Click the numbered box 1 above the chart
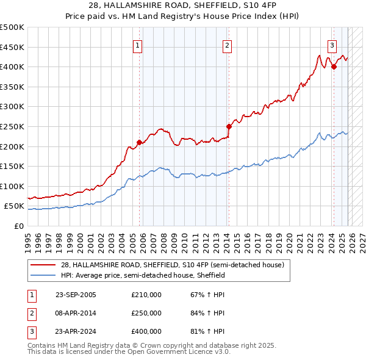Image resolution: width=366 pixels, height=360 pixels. (137, 46)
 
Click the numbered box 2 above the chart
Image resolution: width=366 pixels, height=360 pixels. (227, 46)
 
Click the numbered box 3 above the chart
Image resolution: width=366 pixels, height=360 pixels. (332, 46)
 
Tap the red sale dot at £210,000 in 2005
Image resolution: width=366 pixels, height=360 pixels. (139, 142)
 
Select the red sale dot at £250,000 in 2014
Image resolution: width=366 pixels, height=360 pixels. (229, 127)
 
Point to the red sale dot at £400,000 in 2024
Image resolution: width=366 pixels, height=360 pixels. (334, 67)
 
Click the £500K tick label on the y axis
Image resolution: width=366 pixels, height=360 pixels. (12, 27)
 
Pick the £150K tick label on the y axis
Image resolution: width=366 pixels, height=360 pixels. (12, 166)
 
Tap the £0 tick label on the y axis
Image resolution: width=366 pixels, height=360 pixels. (18, 226)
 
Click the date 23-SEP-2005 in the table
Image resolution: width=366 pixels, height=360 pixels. (76, 295)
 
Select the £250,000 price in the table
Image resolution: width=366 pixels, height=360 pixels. (146, 313)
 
